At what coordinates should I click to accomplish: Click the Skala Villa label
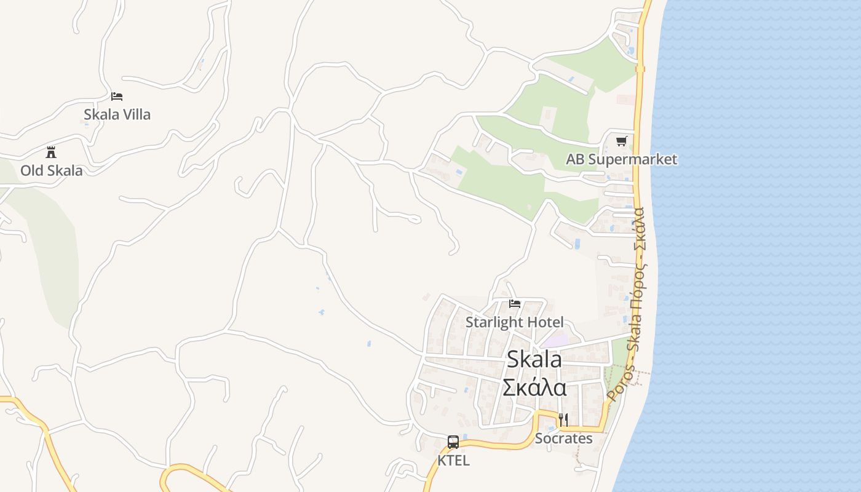[x=117, y=114]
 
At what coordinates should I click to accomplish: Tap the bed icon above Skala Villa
[x=117, y=97]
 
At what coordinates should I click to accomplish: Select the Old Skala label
[x=51, y=170]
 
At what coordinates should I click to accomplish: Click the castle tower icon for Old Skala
[x=51, y=153]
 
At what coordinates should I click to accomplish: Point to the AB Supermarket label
[x=621, y=159]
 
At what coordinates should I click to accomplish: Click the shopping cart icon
[x=622, y=141]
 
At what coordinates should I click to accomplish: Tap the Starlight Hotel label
[x=514, y=322]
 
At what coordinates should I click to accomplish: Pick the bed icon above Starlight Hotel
[x=515, y=304]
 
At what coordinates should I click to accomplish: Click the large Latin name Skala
[x=534, y=359]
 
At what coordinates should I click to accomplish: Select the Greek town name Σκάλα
[x=534, y=387]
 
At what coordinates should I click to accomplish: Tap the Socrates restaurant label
[x=563, y=438]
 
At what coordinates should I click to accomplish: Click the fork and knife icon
[x=563, y=420]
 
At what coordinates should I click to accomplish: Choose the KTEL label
[x=453, y=460]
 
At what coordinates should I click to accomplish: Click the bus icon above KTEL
[x=453, y=442]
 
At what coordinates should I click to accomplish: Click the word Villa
[x=134, y=114]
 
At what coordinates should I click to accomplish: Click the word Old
[x=33, y=170]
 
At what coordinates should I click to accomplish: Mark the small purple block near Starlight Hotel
[x=555, y=339]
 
